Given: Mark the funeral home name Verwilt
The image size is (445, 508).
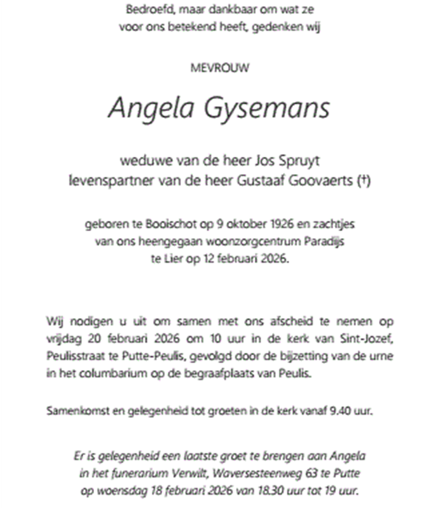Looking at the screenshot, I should [x=193, y=473].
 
